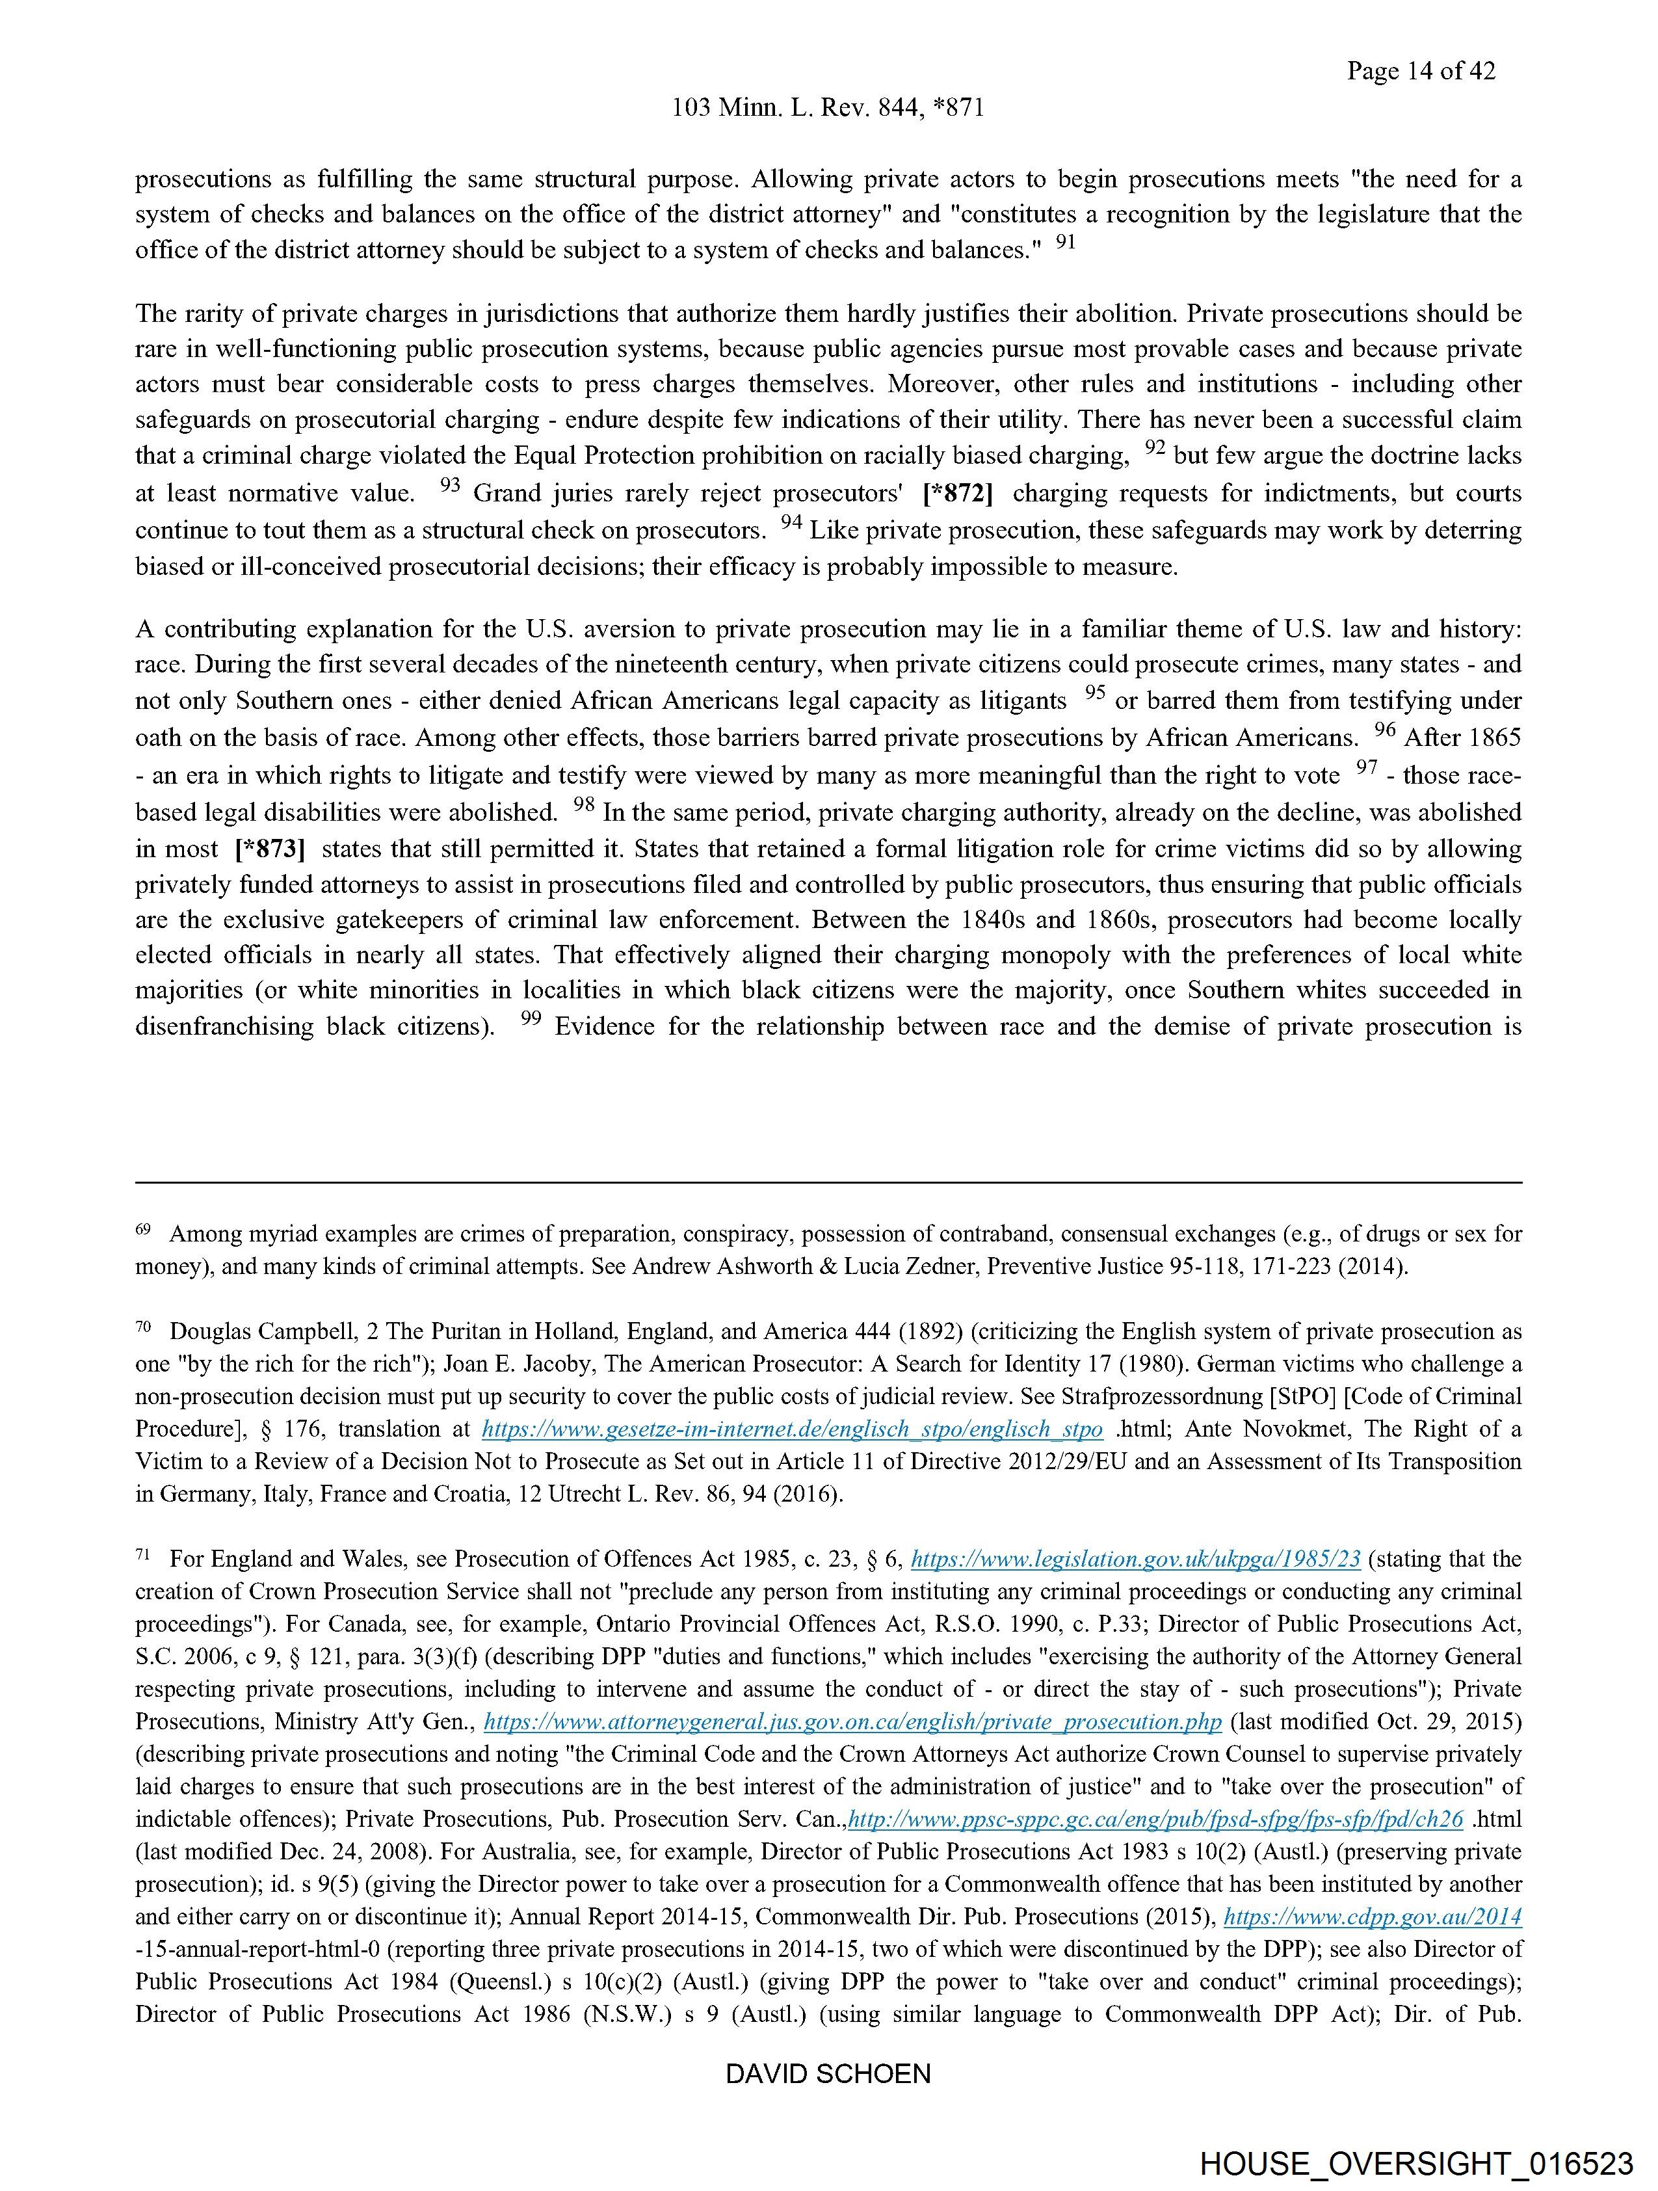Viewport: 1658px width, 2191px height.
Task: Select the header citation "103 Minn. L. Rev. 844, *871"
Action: pos(828,108)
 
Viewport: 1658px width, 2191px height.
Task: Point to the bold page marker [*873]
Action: pos(269,849)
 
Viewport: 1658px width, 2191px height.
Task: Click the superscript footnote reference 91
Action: pos(1065,242)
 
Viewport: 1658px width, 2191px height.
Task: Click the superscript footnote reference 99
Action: pos(531,1018)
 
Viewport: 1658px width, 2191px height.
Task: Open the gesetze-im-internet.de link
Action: pos(791,1429)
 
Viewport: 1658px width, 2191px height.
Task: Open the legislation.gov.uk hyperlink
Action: pos(1135,1559)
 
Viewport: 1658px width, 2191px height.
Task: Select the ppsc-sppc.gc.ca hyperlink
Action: pos(1156,1818)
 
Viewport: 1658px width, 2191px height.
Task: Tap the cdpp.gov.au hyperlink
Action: pos(1372,1917)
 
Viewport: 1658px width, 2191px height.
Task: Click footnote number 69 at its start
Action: pos(142,1229)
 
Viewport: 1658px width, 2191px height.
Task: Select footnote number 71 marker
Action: pos(142,1554)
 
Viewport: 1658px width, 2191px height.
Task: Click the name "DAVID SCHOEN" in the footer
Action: pos(828,2073)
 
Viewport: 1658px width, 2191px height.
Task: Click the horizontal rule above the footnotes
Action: pos(828,1182)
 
